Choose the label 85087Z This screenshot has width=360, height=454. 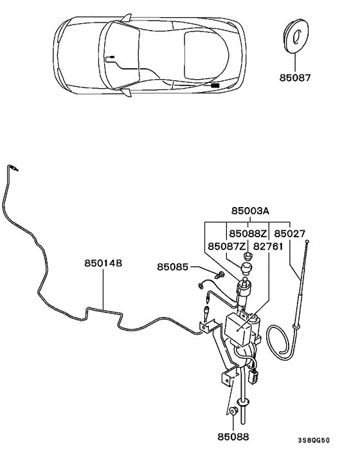click(226, 246)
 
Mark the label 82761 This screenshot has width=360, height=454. click(267, 246)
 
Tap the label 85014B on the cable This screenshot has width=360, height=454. click(103, 263)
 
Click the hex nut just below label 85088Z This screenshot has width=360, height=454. click(248, 257)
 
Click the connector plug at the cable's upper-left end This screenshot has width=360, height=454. click(13, 168)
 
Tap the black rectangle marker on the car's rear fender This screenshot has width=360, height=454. click(215, 84)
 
